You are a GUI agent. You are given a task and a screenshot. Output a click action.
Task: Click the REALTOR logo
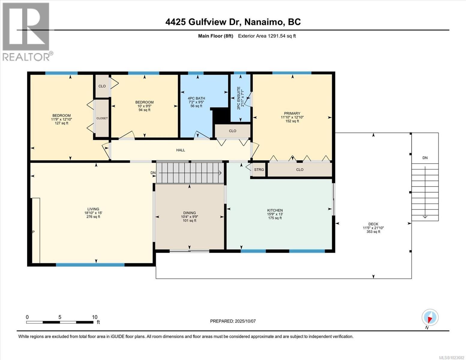pyautogui.click(x=26, y=31)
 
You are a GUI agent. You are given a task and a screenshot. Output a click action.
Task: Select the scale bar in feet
pyautogui.click(x=60, y=322)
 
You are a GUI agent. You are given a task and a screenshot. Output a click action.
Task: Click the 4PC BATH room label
pyautogui.click(x=196, y=98)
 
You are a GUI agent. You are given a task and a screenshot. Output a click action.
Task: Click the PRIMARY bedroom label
pyautogui.click(x=292, y=114)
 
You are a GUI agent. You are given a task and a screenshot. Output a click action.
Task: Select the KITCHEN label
pyautogui.click(x=275, y=210)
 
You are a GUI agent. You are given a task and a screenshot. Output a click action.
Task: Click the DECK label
pyautogui.click(x=373, y=224)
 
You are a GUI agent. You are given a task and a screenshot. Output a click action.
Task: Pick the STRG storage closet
pyautogui.click(x=259, y=170)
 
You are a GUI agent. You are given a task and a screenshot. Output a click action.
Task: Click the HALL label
pyautogui.click(x=180, y=150)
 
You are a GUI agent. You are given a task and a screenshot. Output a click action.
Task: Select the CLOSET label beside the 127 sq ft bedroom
pyautogui.click(x=102, y=118)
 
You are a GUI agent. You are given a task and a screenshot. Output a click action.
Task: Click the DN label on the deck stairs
pyautogui.click(x=425, y=158)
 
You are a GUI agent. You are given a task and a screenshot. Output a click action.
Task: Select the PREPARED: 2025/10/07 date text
pyautogui.click(x=233, y=321)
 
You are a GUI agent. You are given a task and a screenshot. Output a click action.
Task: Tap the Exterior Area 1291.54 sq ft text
pyautogui.click(x=267, y=36)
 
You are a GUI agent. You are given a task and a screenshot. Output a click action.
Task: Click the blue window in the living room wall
pyautogui.click(x=90, y=265)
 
